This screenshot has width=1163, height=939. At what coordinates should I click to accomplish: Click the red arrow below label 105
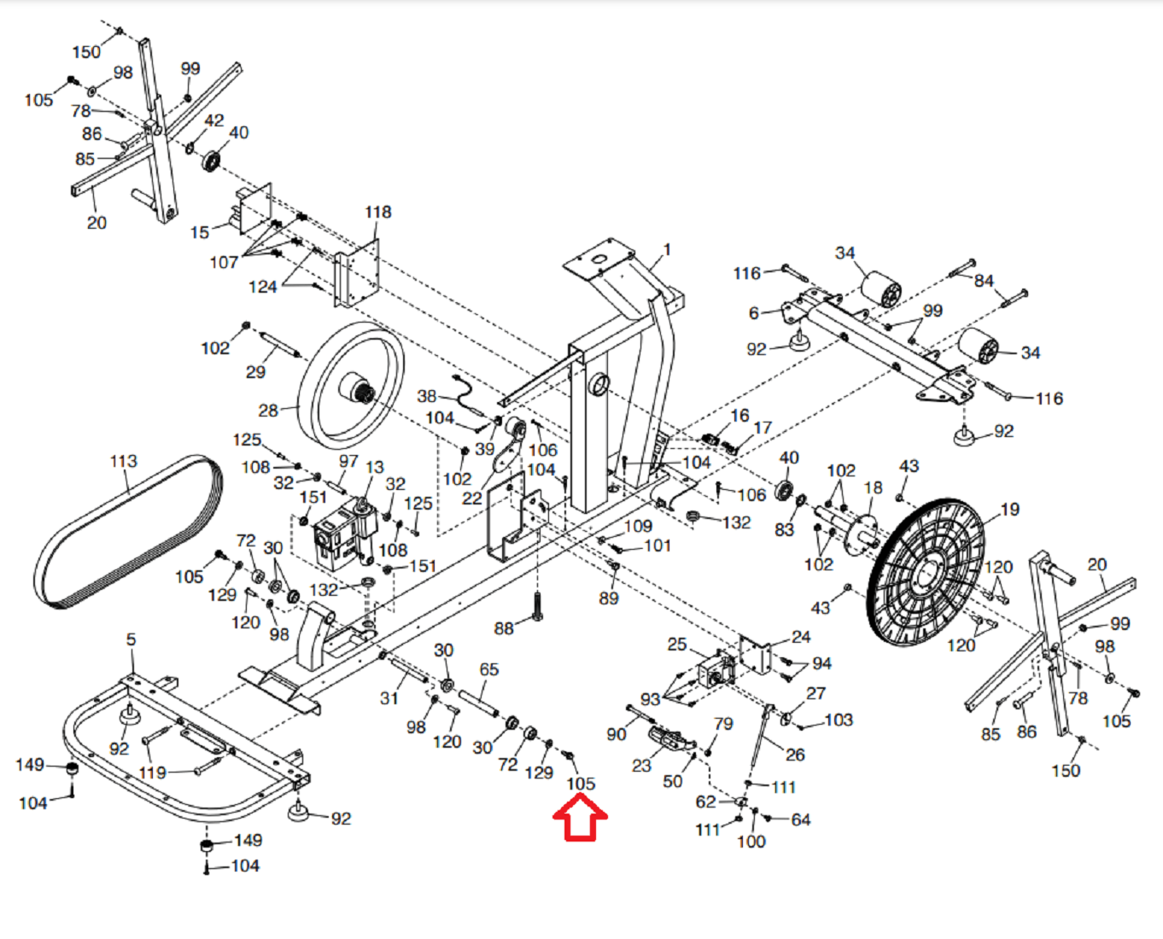[580, 817]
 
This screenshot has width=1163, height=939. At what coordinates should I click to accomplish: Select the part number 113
[124, 461]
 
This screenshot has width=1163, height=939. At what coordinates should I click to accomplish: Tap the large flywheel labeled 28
[351, 386]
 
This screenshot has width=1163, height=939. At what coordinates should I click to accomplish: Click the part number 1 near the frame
[666, 250]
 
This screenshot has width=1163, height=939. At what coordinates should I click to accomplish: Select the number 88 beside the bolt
[504, 628]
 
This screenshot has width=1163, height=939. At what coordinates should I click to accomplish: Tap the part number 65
[488, 669]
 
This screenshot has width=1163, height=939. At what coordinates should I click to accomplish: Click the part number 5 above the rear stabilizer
[131, 639]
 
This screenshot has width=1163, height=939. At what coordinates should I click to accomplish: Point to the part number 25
[676, 644]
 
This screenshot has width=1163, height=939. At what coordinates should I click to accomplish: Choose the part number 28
[267, 411]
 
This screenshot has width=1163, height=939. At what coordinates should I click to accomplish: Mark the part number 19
[1009, 510]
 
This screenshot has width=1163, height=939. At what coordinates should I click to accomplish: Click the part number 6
[753, 312]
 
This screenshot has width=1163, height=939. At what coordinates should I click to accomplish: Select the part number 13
[375, 467]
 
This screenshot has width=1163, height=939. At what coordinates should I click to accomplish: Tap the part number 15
[199, 232]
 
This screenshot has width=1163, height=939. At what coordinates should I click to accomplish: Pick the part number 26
[795, 755]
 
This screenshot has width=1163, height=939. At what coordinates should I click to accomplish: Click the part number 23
[641, 766]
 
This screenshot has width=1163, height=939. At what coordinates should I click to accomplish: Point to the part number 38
[426, 396]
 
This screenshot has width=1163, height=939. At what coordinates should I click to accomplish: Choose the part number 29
[255, 372]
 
